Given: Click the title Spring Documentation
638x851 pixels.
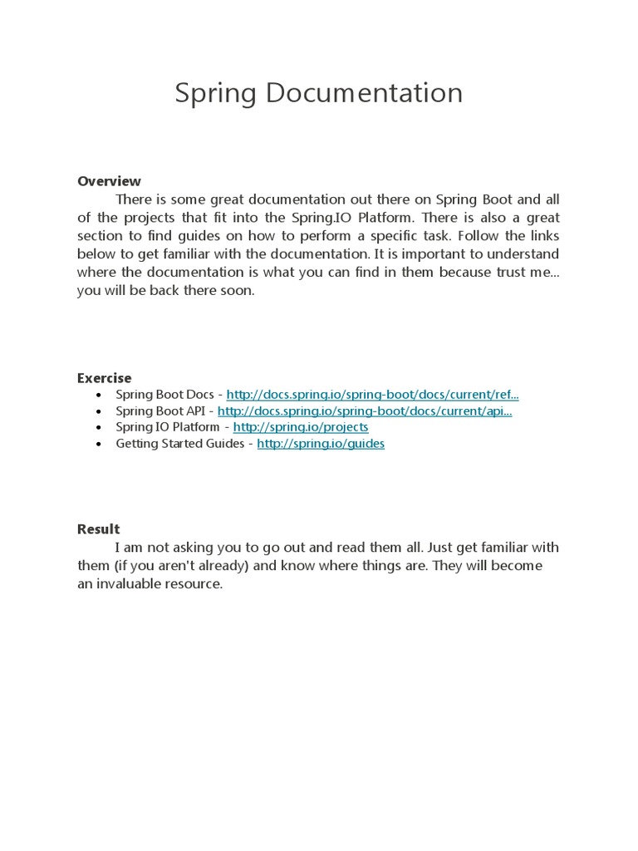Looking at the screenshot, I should click(x=318, y=93).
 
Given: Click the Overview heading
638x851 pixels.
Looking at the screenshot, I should click(x=109, y=181).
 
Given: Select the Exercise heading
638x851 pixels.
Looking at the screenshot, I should click(x=104, y=378).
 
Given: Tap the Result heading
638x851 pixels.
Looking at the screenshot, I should click(x=98, y=529).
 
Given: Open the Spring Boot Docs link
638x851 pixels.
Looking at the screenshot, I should click(x=372, y=395).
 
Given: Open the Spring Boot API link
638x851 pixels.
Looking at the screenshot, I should click(x=365, y=411).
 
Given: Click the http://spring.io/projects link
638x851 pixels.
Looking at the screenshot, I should click(x=301, y=427).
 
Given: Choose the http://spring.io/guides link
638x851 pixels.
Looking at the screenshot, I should click(x=321, y=444).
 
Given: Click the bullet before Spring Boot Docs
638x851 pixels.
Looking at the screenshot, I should click(x=100, y=396).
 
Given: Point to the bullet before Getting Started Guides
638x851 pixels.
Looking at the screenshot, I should click(x=100, y=445).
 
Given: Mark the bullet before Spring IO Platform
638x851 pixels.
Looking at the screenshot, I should click(x=100, y=428).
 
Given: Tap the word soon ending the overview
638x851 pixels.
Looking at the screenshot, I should click(x=238, y=291).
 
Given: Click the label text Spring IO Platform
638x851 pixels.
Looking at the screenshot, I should click(x=168, y=427).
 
